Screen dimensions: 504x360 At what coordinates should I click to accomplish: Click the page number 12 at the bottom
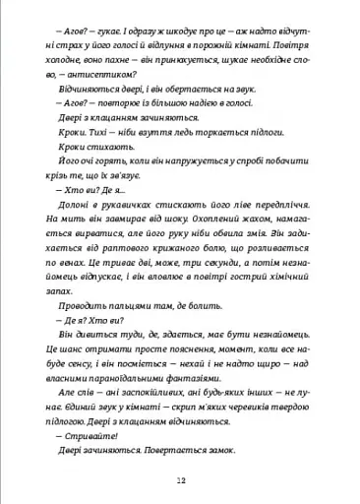click(181, 479)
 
